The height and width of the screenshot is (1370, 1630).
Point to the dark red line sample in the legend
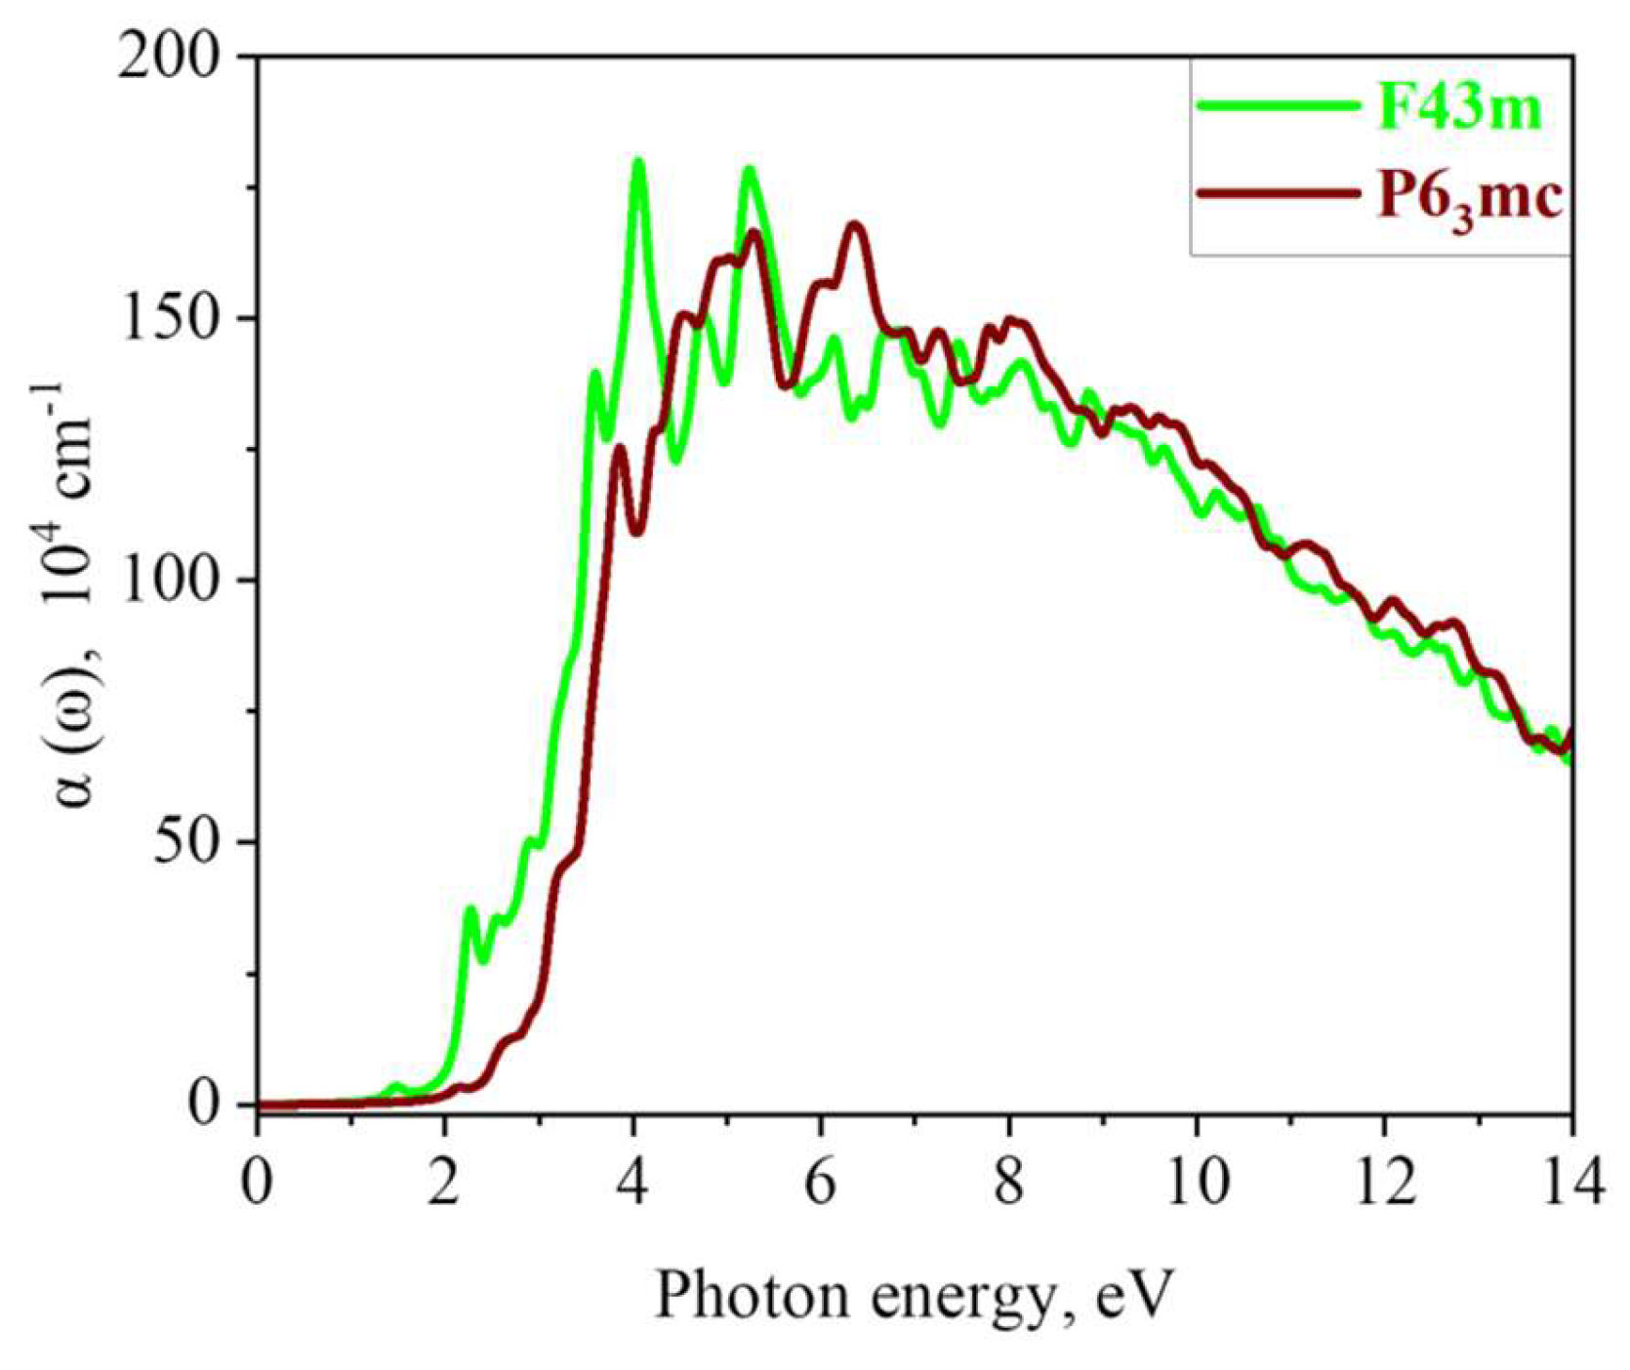(1280, 194)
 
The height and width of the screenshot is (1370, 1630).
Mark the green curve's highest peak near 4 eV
(639, 162)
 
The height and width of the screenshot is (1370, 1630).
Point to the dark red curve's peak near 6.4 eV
(855, 225)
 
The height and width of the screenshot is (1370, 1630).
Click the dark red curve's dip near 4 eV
(636, 532)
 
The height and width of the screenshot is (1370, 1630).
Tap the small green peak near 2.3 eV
(471, 909)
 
